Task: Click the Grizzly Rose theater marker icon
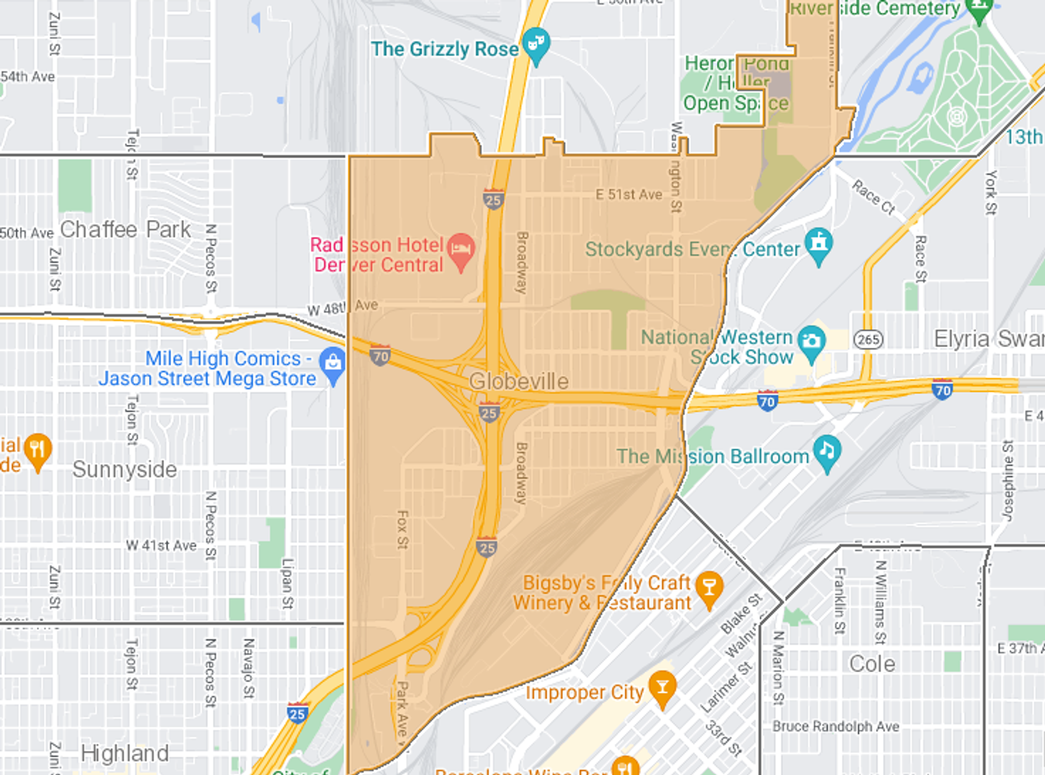tap(536, 44)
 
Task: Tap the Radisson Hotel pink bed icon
tap(461, 249)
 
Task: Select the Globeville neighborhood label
tap(518, 381)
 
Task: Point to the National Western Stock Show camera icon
tap(812, 341)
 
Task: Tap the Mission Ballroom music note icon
tap(827, 451)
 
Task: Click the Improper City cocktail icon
tap(662, 687)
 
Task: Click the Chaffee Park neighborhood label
tap(125, 229)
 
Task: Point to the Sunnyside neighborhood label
tap(125, 469)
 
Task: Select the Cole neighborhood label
tap(872, 663)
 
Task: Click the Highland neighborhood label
tap(125, 753)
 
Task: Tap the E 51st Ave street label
tap(629, 194)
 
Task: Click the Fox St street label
tap(402, 529)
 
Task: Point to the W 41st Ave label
tap(161, 545)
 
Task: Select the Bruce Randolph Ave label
tap(835, 726)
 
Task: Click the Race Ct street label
tap(874, 197)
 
